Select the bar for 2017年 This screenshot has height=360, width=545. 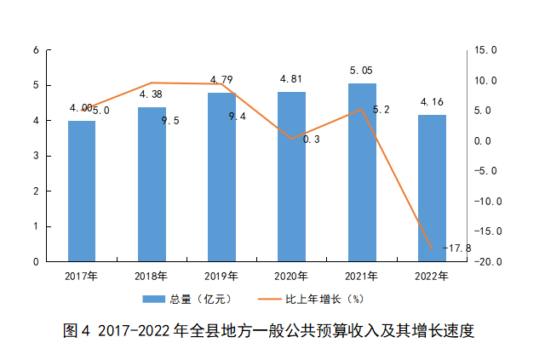(x=82, y=191)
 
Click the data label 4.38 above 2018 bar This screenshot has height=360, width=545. (x=151, y=94)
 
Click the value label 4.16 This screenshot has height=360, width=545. (x=431, y=102)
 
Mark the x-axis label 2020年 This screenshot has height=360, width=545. (x=291, y=276)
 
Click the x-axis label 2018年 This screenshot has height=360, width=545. (x=151, y=276)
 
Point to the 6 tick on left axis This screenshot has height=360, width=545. (x=37, y=50)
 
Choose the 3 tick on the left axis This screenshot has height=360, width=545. (x=37, y=157)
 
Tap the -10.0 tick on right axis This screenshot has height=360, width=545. (x=486, y=201)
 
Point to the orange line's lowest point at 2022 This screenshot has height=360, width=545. (x=432, y=248)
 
